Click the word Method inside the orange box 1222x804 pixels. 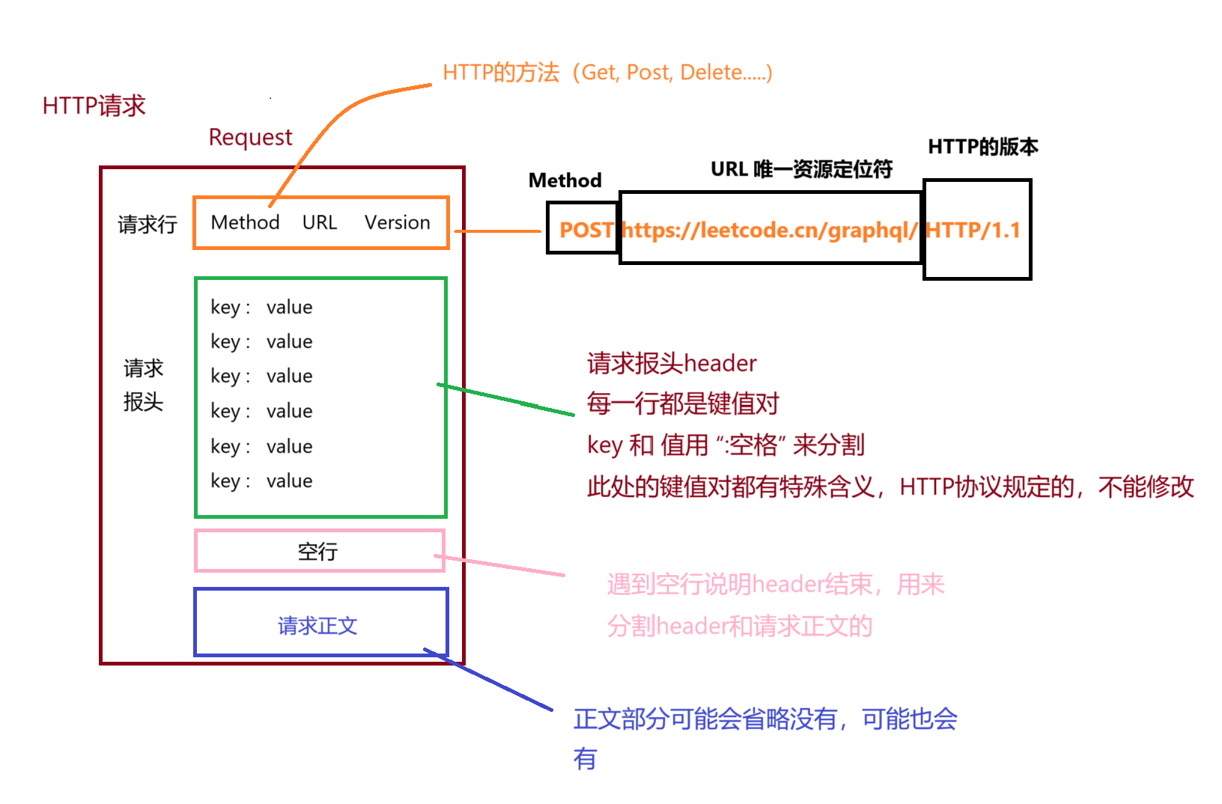(x=245, y=222)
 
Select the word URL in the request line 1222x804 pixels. (x=320, y=222)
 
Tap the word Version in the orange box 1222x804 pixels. (x=397, y=222)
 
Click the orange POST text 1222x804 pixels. (x=586, y=230)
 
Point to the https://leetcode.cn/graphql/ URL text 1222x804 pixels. (x=769, y=230)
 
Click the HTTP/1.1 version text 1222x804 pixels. (x=973, y=230)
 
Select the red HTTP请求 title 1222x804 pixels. (x=94, y=106)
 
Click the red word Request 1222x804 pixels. (x=250, y=137)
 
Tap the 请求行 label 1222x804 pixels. (x=147, y=224)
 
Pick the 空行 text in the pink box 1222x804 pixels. (x=317, y=552)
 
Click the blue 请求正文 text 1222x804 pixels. (x=317, y=625)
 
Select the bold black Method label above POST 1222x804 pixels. (x=565, y=180)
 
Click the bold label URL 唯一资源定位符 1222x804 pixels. (x=801, y=169)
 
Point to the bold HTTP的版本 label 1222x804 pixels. (x=982, y=147)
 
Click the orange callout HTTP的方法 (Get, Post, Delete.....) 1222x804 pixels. (x=607, y=73)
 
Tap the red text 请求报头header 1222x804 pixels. (x=672, y=363)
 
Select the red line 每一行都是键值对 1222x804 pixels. (x=683, y=403)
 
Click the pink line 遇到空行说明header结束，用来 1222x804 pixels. (x=776, y=584)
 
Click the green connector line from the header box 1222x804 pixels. (x=506, y=400)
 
